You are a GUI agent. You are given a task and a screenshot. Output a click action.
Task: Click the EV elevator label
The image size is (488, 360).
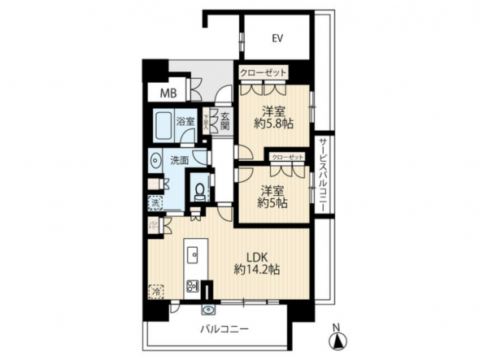tap(277, 38)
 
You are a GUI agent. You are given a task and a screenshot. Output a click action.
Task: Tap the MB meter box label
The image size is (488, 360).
tap(167, 93)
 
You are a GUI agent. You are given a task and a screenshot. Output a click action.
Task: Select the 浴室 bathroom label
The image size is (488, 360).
tap(185, 122)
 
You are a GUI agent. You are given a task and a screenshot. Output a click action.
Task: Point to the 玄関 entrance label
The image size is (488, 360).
tap(224, 121)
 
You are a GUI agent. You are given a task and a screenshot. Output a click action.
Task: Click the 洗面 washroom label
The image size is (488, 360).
tap(180, 161)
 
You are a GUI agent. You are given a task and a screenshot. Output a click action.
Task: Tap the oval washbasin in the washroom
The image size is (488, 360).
tap(155, 161)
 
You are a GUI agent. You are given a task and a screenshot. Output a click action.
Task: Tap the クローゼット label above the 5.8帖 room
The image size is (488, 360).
tap(264, 73)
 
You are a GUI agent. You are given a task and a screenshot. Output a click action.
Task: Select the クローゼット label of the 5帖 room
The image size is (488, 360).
tap(287, 155)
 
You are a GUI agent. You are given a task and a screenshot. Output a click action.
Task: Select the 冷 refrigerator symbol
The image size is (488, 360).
tap(155, 288)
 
